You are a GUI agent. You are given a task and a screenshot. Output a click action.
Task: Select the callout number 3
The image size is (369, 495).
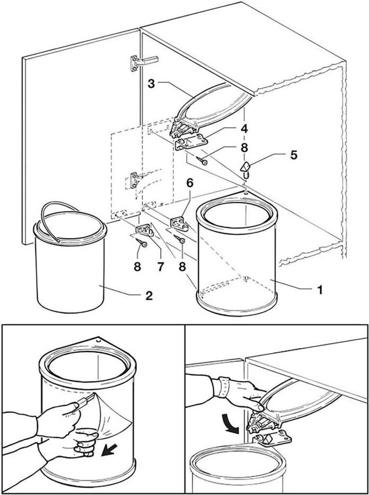point(151,83)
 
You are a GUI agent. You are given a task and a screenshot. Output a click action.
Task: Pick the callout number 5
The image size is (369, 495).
point(293,155)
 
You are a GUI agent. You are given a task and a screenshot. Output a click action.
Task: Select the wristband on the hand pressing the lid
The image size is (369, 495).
point(223,387)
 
